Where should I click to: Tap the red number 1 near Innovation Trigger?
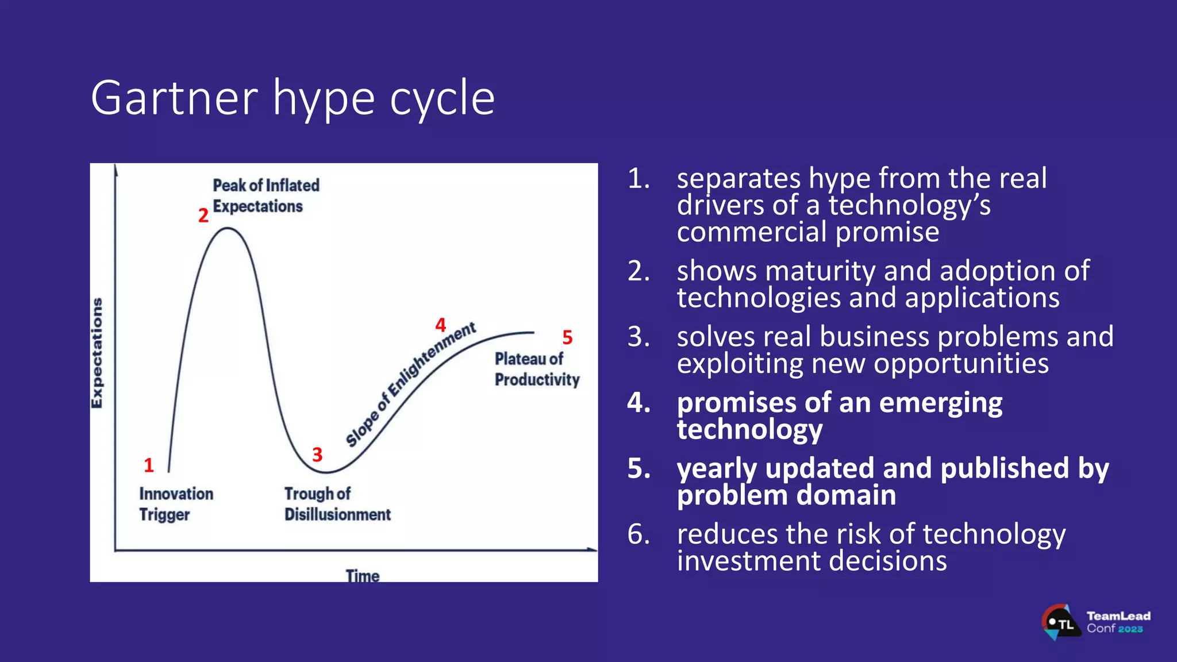pyautogui.click(x=149, y=465)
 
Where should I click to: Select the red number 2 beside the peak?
pyautogui.click(x=203, y=215)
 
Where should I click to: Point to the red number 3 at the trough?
pyautogui.click(x=317, y=455)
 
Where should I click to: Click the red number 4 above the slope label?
pyautogui.click(x=440, y=325)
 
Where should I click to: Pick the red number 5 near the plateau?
pyautogui.click(x=567, y=337)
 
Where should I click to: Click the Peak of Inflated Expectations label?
pyautogui.click(x=265, y=195)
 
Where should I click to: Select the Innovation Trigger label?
pyautogui.click(x=175, y=503)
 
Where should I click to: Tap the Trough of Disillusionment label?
pyautogui.click(x=337, y=503)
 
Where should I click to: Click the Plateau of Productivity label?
pyautogui.click(x=536, y=369)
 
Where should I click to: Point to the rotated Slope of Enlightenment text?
pyautogui.click(x=410, y=384)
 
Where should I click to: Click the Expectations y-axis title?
pyautogui.click(x=97, y=353)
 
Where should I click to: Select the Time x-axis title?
pyautogui.click(x=362, y=575)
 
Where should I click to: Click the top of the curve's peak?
pyautogui.click(x=228, y=228)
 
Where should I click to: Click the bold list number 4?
pyautogui.click(x=638, y=402)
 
